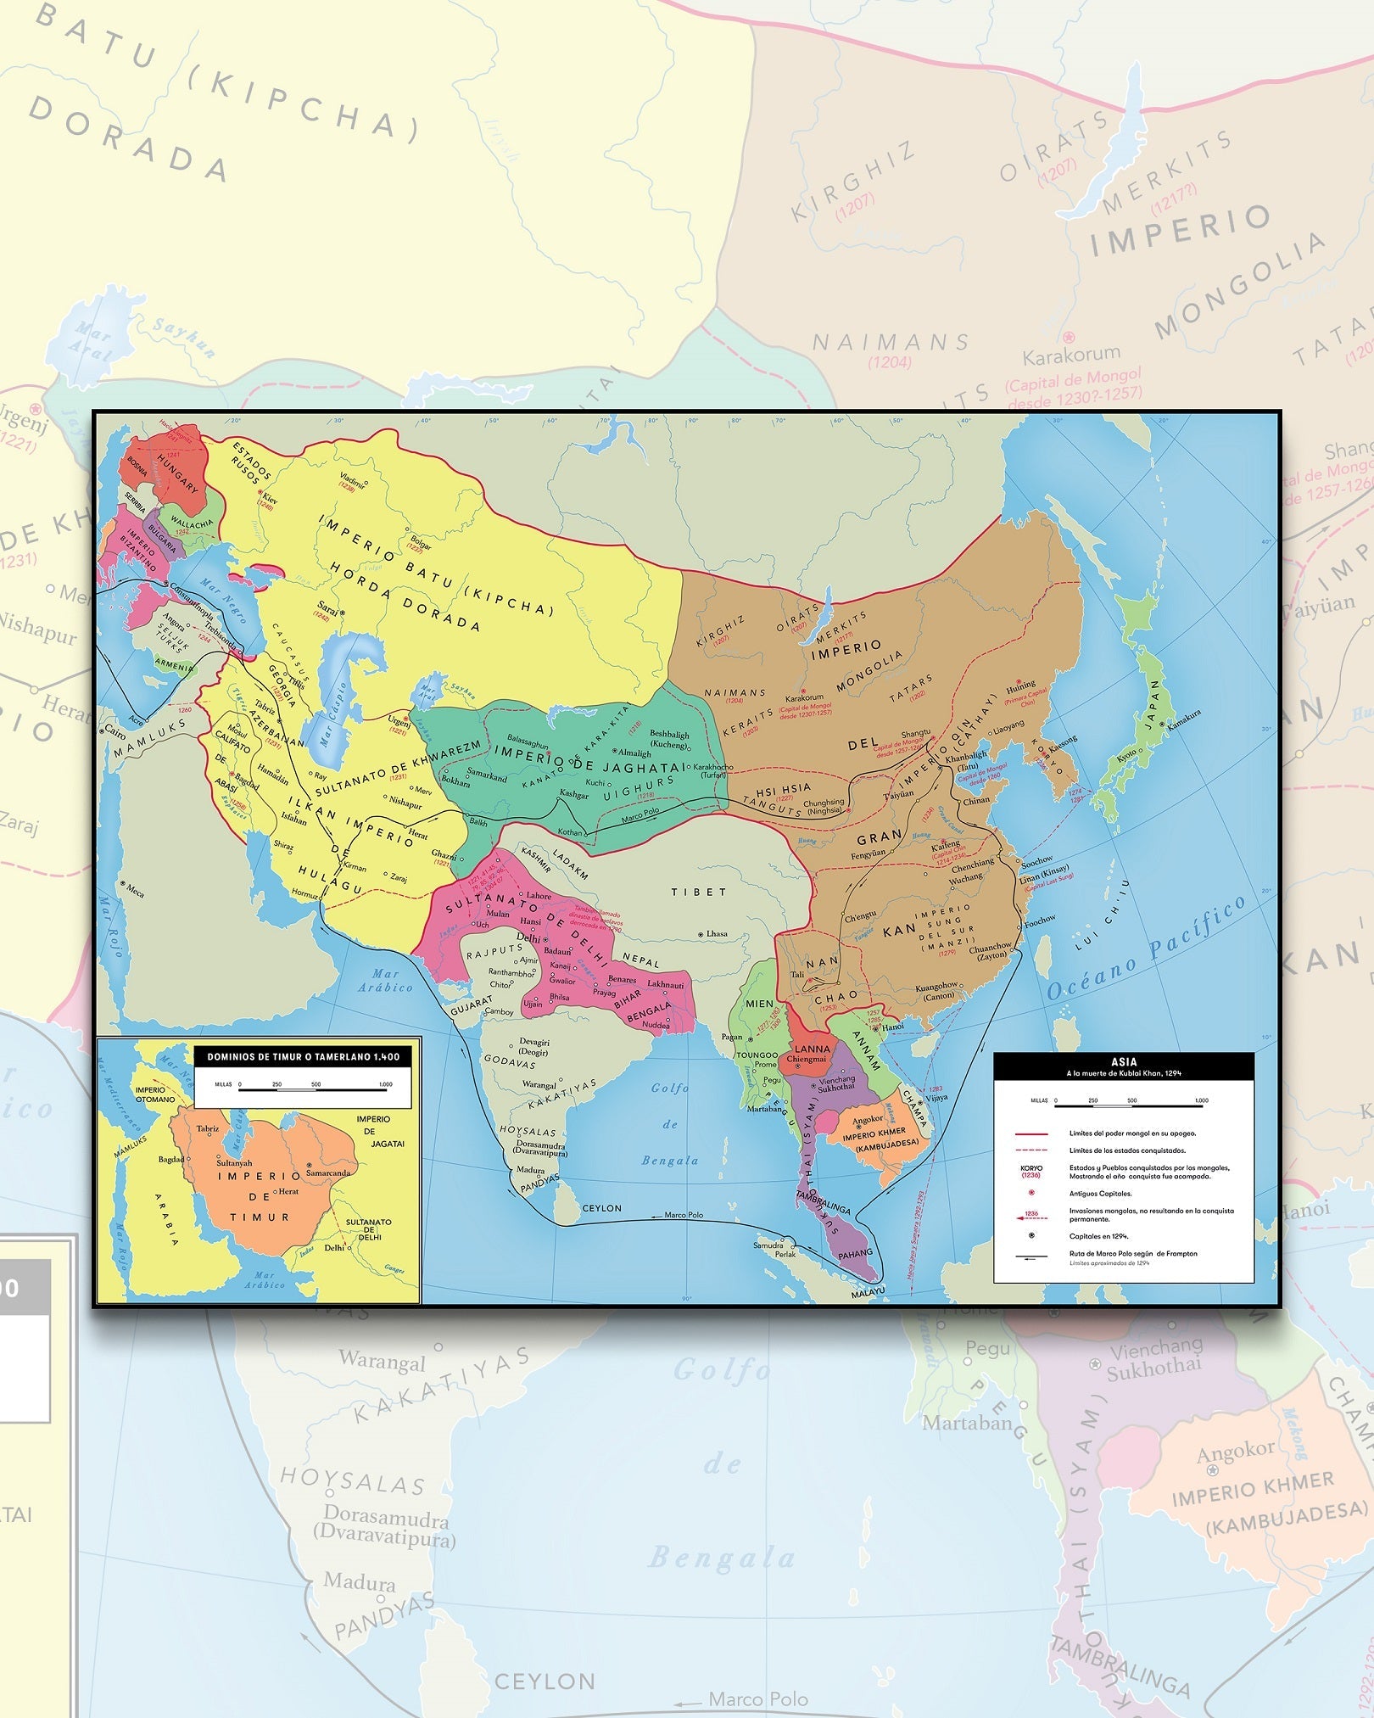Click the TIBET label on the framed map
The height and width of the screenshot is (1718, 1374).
click(699, 893)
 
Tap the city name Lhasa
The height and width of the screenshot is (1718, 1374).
click(717, 933)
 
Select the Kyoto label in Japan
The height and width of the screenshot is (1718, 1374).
click(1125, 756)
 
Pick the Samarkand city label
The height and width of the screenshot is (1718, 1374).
click(487, 775)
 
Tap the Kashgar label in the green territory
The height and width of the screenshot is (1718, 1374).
click(573, 795)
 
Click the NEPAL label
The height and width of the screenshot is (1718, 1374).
click(641, 960)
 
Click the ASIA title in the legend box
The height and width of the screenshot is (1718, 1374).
click(1124, 1061)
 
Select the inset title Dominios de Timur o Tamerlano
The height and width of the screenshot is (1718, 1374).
click(303, 1057)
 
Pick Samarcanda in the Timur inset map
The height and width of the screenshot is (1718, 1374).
click(328, 1173)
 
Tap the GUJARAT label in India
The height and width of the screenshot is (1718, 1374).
click(471, 1005)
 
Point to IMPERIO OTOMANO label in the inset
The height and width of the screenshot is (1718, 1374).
click(155, 1094)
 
